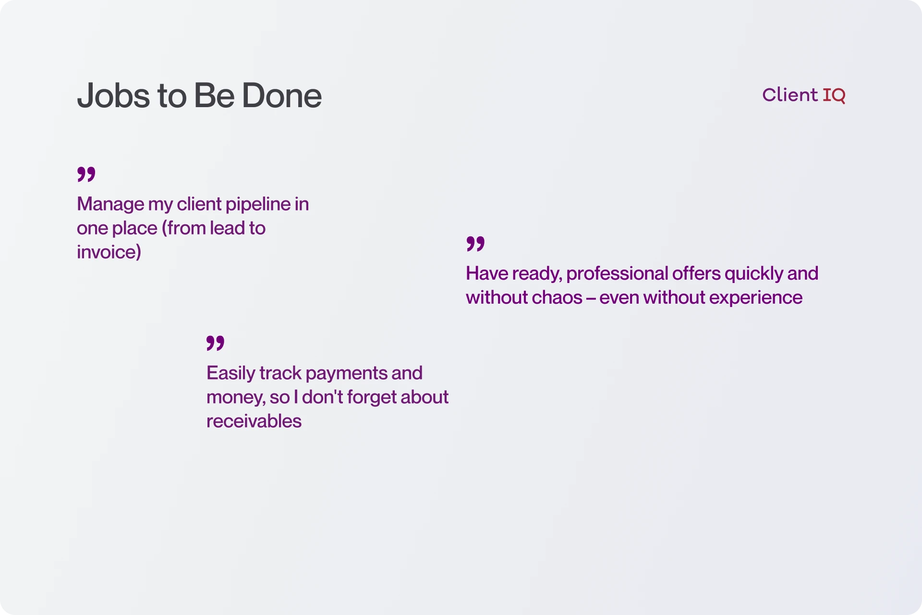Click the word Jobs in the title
click(114, 96)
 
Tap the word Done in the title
click(281, 96)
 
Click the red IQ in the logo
click(834, 95)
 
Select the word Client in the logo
click(789, 95)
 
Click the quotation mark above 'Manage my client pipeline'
click(86, 174)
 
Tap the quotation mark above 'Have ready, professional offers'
click(475, 244)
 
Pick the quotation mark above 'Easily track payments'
click(215, 343)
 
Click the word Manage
click(110, 204)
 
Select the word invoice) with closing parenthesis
click(109, 252)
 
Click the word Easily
click(230, 373)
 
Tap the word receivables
click(254, 421)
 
